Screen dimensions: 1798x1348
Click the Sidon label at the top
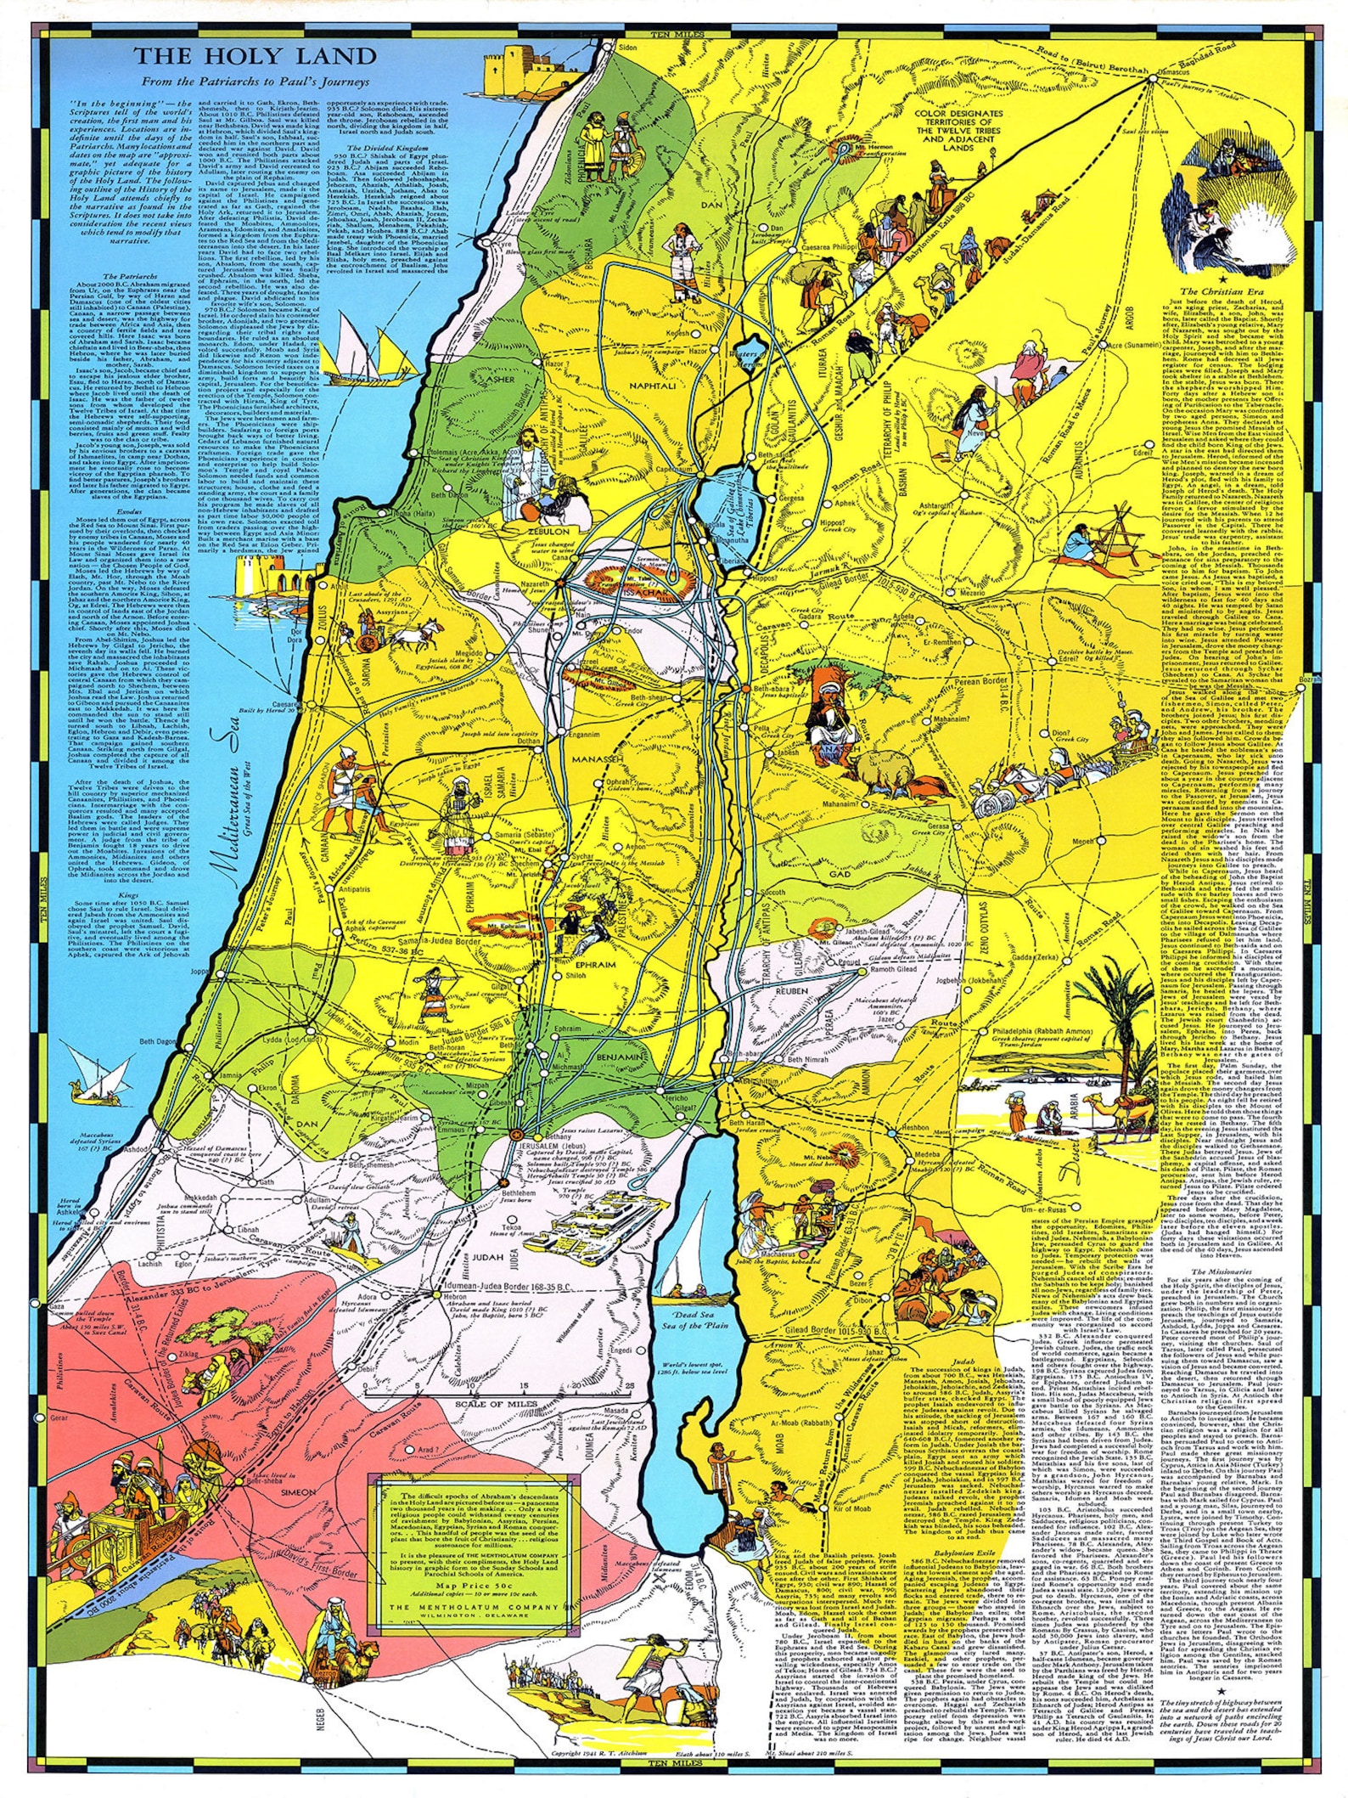pos(627,48)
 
